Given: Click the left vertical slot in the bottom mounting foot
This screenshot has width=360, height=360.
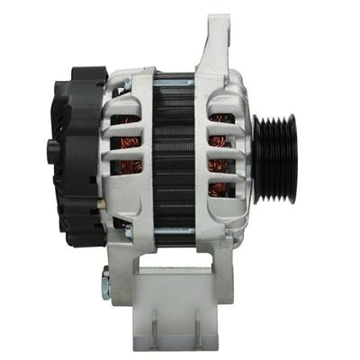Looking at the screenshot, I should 154,319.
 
